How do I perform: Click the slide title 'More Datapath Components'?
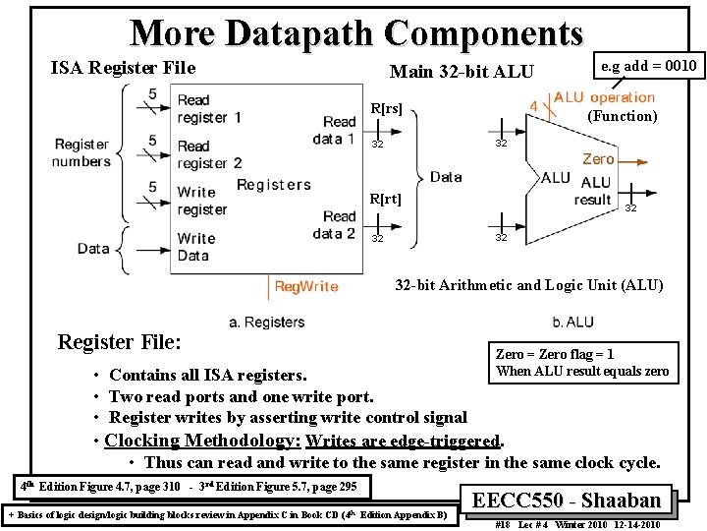coord(356,32)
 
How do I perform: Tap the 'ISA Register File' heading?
coord(123,68)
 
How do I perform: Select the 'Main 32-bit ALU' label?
coord(462,71)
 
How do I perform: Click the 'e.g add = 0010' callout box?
coord(647,66)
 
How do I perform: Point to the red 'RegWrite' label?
coord(305,286)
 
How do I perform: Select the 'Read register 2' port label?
coord(208,154)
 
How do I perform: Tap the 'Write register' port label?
coord(201,201)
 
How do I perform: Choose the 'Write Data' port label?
coord(195,247)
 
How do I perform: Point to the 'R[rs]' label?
coord(385,108)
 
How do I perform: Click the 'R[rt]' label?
coord(385,200)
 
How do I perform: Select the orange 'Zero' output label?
coord(598,158)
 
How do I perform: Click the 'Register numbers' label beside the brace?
coord(82,152)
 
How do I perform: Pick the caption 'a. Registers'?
coord(266,322)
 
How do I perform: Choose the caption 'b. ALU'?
coord(572,322)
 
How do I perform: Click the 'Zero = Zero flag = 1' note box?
coord(582,363)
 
